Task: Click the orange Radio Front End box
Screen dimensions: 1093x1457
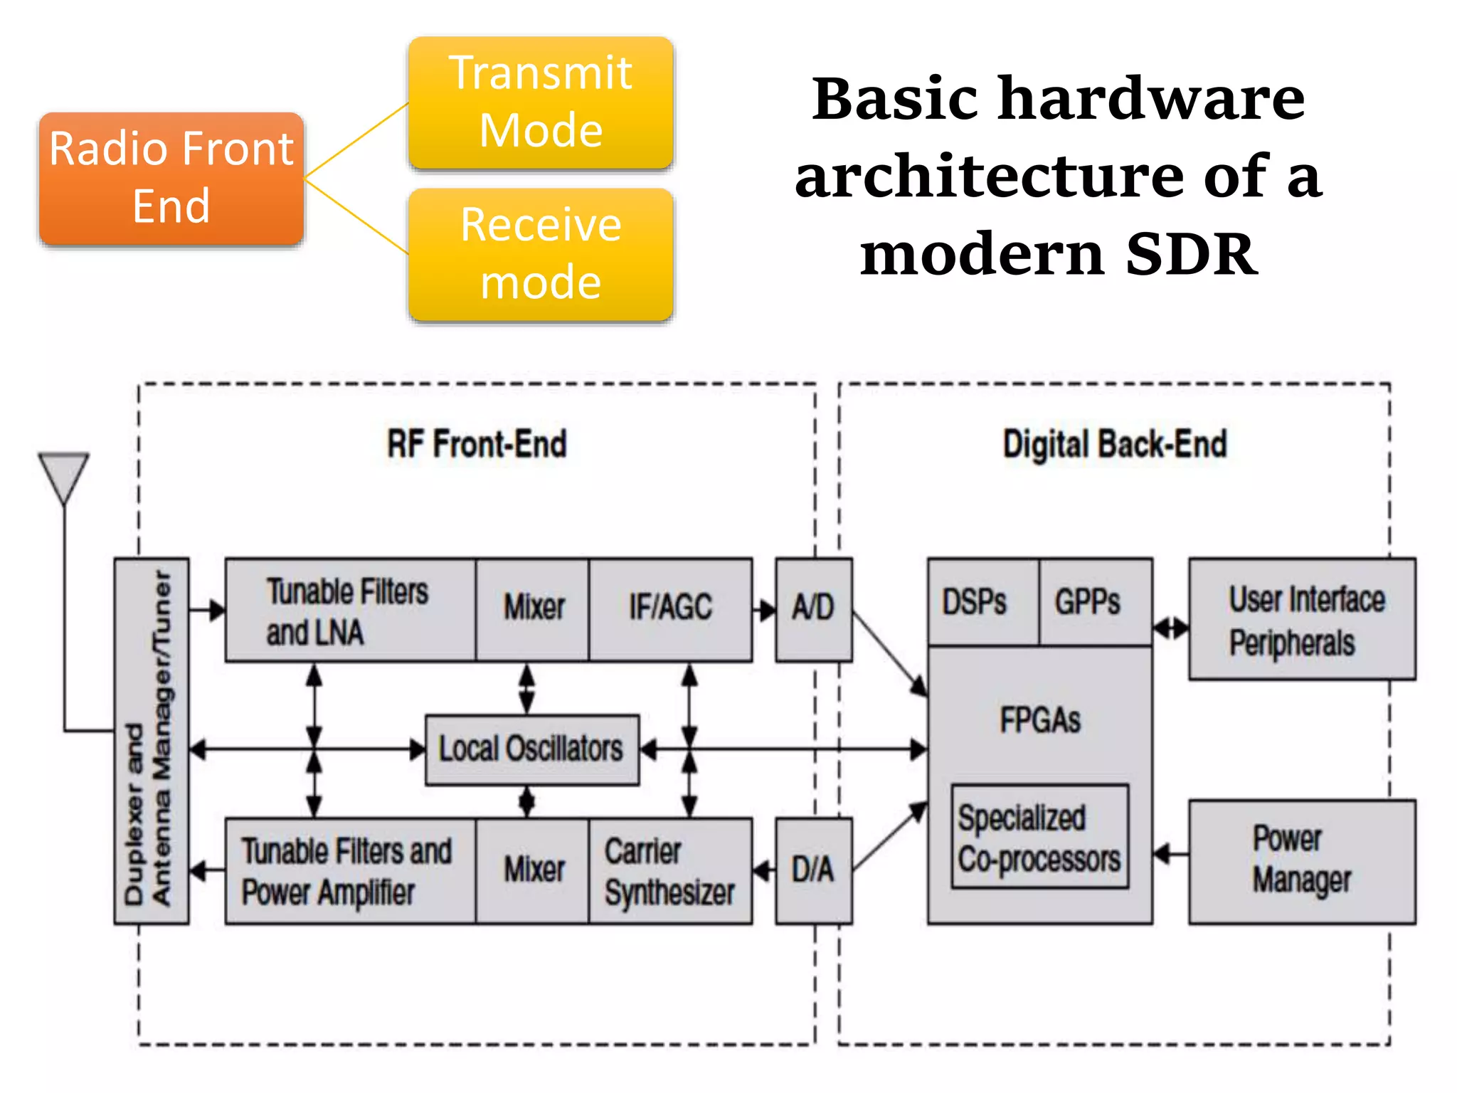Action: pyautogui.click(x=171, y=178)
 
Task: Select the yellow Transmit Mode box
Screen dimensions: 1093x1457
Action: pyautogui.click(x=541, y=102)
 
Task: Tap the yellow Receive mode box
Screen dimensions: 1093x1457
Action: pyautogui.click(x=541, y=254)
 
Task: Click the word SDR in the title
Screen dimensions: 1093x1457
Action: pyautogui.click(x=1192, y=255)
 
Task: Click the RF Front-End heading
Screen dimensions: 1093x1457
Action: pyautogui.click(x=477, y=444)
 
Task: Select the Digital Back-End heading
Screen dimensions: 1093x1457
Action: pyautogui.click(x=1115, y=444)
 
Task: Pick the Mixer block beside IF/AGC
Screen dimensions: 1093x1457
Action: pyautogui.click(x=533, y=608)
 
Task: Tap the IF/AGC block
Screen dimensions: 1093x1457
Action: pyautogui.click(x=670, y=608)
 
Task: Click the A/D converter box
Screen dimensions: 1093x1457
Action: pyautogui.click(x=813, y=609)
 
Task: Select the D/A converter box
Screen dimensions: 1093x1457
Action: pyautogui.click(x=813, y=870)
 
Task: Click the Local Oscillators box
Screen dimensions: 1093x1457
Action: pyautogui.click(x=531, y=749)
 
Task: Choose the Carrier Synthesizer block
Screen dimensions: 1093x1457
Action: pyautogui.click(x=670, y=871)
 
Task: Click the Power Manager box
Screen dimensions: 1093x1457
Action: pyautogui.click(x=1302, y=861)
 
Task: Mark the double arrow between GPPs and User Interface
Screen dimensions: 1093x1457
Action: pyautogui.click(x=1170, y=628)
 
